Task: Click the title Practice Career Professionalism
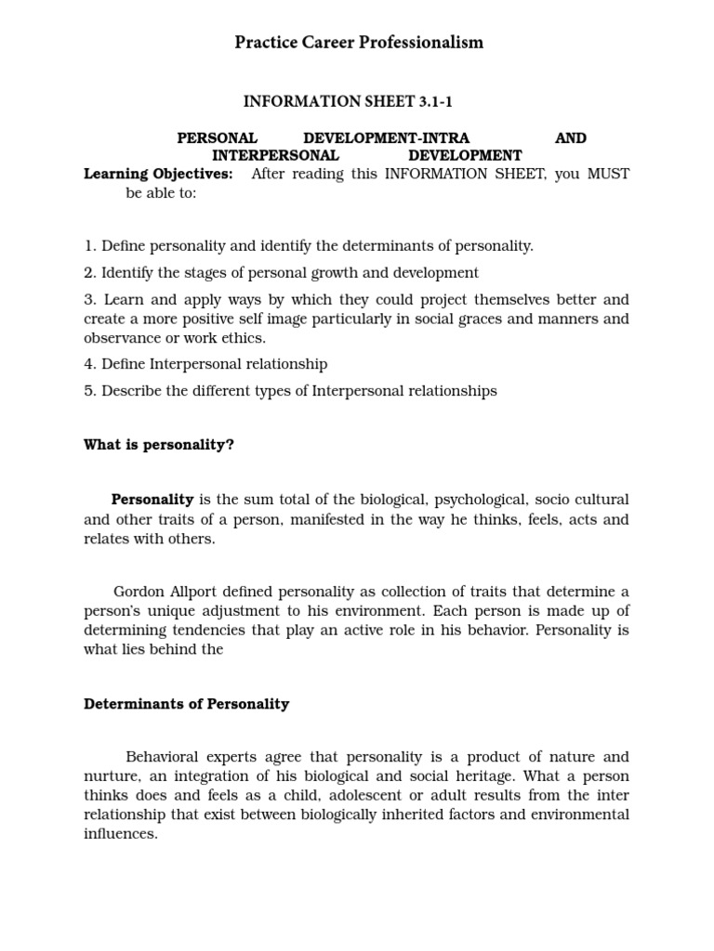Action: click(358, 43)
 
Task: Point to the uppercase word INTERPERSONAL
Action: click(275, 155)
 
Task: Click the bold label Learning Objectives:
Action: click(158, 174)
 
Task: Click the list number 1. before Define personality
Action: click(90, 246)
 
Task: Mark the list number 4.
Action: click(90, 364)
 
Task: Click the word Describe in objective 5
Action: click(131, 391)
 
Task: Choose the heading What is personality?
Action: click(159, 445)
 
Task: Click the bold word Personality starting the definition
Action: click(152, 500)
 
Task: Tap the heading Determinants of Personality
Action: click(186, 704)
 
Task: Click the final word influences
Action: click(120, 833)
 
